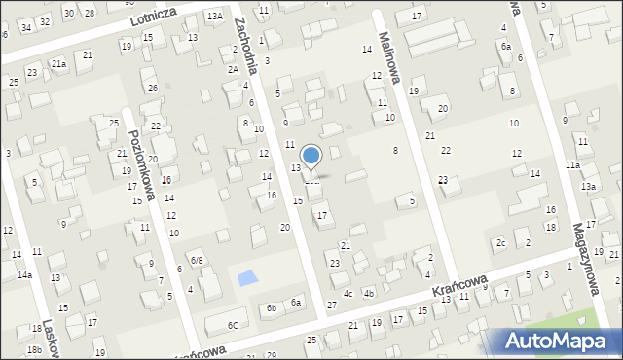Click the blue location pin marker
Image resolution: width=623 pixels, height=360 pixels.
(311, 158)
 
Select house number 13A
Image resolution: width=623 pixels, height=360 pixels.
(214, 17)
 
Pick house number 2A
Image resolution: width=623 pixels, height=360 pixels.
(233, 69)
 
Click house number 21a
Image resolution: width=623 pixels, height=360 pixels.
(58, 64)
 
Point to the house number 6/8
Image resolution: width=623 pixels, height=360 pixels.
(196, 261)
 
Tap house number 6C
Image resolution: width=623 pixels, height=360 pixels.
(233, 325)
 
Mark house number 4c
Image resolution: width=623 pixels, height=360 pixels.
(348, 293)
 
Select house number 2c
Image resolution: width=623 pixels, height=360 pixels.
(500, 242)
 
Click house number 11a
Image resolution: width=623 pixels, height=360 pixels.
(573, 166)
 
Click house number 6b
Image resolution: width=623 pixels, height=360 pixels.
(271, 307)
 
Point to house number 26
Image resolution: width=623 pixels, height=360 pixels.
(153, 89)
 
